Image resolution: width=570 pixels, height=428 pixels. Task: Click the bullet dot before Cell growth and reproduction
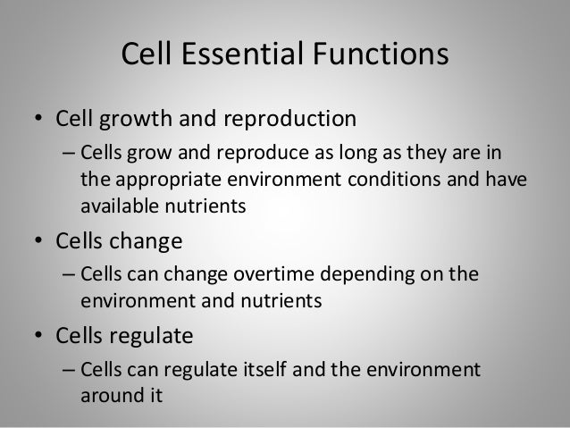[x=39, y=121]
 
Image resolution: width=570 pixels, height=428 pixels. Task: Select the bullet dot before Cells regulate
[x=39, y=338]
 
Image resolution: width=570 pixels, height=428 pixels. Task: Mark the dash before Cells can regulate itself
[x=68, y=369]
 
